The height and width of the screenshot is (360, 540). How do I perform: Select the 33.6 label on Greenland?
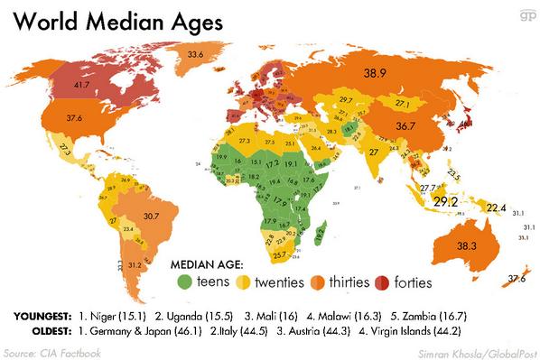pyautogui.click(x=194, y=55)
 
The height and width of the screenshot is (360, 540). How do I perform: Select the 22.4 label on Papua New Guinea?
pyautogui.click(x=497, y=208)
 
